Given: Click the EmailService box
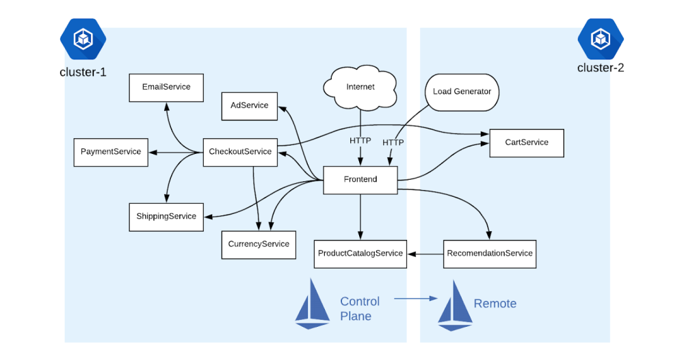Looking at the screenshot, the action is click(x=166, y=88).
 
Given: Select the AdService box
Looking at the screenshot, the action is click(x=250, y=106).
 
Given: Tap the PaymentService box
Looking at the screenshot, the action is click(x=111, y=152).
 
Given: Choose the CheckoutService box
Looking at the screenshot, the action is click(x=240, y=152).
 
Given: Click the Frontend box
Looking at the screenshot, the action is click(x=360, y=180).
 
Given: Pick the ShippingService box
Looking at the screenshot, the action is click(x=166, y=217).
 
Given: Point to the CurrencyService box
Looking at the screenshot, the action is click(x=259, y=245).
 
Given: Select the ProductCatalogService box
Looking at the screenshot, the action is click(x=360, y=254).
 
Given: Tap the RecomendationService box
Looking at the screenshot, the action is click(x=490, y=254).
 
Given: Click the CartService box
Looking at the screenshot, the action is click(x=527, y=143).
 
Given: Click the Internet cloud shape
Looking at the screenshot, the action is click(x=360, y=88).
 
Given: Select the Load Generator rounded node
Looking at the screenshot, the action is click(x=462, y=92).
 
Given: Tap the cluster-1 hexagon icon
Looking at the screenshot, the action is click(x=83, y=39).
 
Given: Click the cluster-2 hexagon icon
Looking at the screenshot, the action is click(x=601, y=39).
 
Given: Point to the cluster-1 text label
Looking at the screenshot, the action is click(x=83, y=72).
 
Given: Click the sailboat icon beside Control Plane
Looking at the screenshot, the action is click(x=313, y=304).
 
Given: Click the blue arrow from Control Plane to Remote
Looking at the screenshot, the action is click(x=416, y=298).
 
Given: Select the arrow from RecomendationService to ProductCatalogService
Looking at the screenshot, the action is click(x=425, y=254).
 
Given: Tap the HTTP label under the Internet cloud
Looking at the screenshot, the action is click(x=360, y=140).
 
